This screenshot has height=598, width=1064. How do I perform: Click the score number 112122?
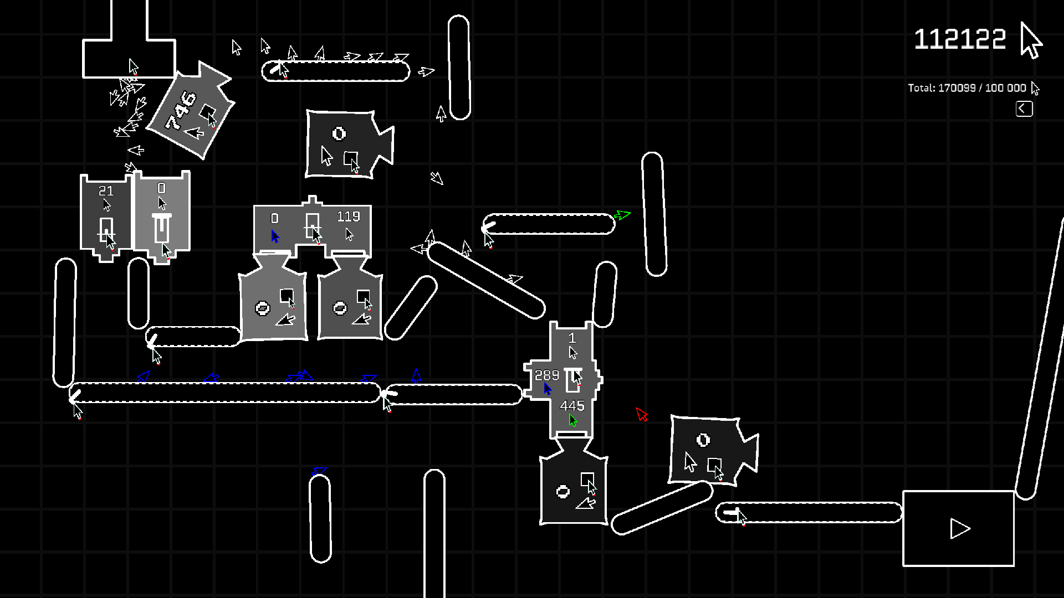pos(959,39)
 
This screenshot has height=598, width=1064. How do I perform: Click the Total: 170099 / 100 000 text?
pos(966,88)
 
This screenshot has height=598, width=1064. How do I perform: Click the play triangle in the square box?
pos(959,528)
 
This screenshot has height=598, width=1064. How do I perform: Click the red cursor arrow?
pos(642,414)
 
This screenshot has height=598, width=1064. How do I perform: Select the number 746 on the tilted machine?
pos(181,110)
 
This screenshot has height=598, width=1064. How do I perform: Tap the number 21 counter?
pos(106,191)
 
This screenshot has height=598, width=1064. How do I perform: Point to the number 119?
pos(348,216)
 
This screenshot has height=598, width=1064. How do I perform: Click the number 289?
pos(546,375)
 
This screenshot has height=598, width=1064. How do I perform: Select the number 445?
pos(572,406)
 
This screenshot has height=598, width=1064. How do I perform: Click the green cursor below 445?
pos(573,421)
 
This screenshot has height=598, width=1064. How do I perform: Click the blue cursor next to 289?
pos(548,389)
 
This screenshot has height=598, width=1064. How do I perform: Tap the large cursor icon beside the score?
pos(1031,40)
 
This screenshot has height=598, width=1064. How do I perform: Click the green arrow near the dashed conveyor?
pos(622,215)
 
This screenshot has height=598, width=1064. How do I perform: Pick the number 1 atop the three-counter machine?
pos(572,338)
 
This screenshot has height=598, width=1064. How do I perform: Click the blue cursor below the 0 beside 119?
pos(275,236)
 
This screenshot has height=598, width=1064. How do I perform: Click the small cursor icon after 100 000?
pos(1035,88)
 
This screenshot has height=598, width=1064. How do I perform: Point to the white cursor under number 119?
pos(349,234)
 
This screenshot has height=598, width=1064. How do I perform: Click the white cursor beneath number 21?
pos(107,205)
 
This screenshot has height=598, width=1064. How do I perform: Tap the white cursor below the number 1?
pos(573,353)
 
